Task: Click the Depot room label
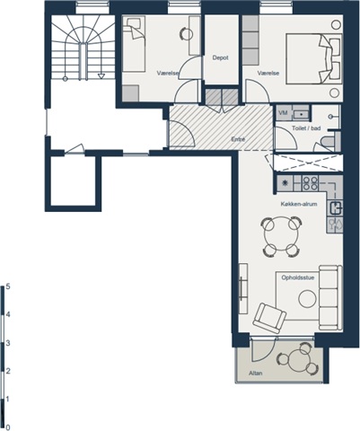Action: pos(221,57)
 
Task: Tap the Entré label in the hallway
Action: pos(239,139)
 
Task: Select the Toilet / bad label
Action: pos(306,128)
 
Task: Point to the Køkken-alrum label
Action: pos(299,204)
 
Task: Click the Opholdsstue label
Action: pos(298,277)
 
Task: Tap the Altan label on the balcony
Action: pos(256,374)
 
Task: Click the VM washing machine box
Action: pos(284,113)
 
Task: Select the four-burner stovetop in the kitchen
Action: pos(310,183)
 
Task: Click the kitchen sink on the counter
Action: pos(336,208)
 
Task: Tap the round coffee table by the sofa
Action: pos(307,299)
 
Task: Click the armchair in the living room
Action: pos(269,318)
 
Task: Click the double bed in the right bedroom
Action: pos(313,58)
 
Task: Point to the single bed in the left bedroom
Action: pos(135,44)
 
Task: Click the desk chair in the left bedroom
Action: pos(187,33)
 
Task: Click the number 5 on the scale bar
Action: pos(8,286)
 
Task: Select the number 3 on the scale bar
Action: pos(8,343)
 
